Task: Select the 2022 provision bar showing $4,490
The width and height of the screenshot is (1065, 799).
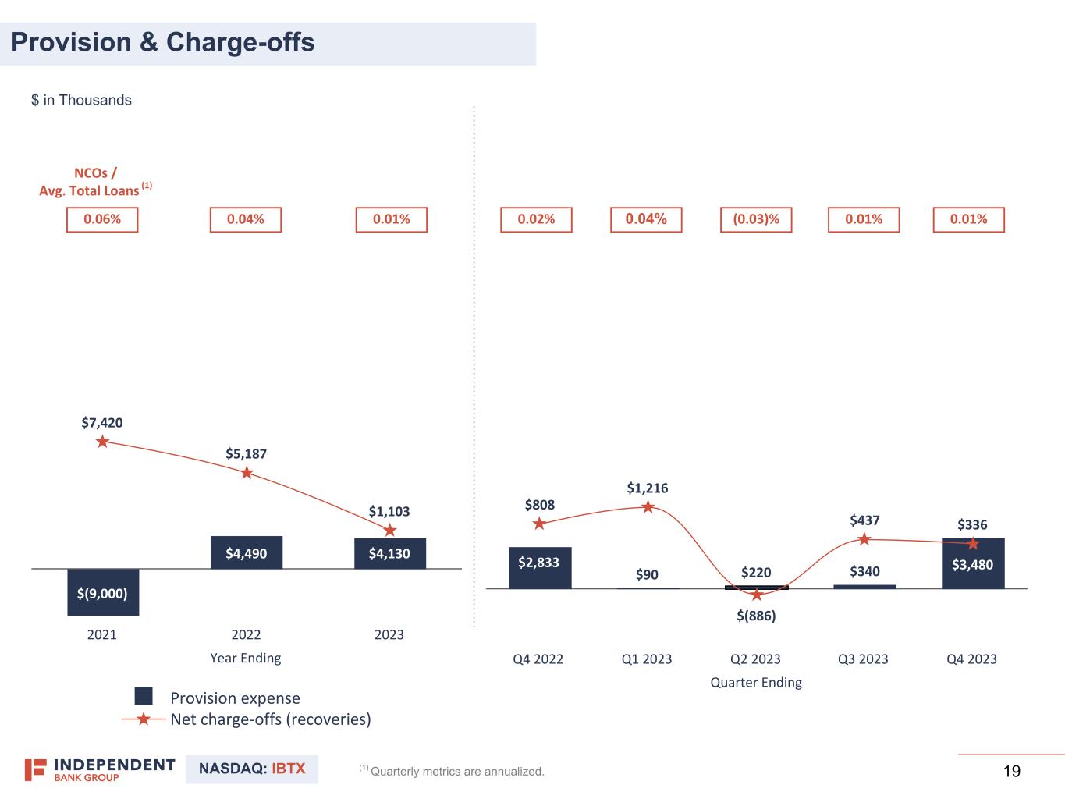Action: point(246,552)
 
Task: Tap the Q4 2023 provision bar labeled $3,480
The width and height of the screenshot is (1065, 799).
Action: point(972,563)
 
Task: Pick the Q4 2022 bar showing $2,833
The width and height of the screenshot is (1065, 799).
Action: point(539,567)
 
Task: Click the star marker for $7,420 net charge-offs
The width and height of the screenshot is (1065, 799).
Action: point(102,442)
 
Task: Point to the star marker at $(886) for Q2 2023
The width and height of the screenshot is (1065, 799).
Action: point(756,595)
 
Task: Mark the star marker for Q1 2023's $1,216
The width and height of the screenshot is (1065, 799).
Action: point(648,507)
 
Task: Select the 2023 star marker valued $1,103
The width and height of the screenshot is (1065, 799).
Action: point(390,531)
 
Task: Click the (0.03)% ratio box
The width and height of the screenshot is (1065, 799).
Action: point(755,219)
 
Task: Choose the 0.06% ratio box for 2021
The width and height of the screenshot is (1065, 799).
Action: point(102,219)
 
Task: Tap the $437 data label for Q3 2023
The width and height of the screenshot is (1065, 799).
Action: point(864,520)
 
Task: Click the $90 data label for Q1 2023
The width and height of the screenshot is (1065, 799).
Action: point(647,575)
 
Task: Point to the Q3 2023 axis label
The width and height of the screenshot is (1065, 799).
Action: point(863,659)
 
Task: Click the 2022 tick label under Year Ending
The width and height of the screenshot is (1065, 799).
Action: point(246,634)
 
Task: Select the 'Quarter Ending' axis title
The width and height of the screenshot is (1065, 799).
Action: point(755,682)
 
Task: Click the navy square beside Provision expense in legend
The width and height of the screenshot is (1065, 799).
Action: point(144,696)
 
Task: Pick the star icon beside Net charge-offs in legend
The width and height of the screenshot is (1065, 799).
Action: point(144,719)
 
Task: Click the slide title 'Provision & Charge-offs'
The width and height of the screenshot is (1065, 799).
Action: point(163,42)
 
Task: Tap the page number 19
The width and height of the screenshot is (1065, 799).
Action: point(1011,772)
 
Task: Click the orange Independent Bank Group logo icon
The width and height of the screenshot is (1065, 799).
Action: point(35,769)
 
